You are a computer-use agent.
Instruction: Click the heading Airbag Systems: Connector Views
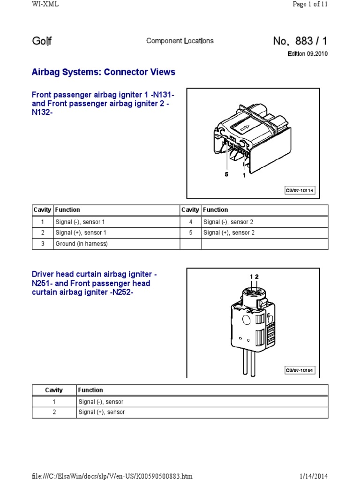[103, 72]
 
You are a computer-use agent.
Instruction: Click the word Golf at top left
[42, 41]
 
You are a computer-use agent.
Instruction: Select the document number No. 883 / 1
[300, 41]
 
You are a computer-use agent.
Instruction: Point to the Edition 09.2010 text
[307, 54]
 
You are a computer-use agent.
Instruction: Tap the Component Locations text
[180, 41]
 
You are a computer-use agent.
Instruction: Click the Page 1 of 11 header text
[310, 4]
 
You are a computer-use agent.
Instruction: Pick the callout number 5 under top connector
[226, 174]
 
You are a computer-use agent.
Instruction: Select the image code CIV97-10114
[300, 190]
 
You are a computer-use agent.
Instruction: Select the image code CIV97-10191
[300, 370]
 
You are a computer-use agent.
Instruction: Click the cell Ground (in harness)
[82, 244]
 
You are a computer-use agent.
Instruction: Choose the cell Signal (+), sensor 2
[229, 232]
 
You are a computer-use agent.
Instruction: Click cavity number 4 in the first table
[190, 222]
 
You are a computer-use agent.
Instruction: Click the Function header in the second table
[90, 390]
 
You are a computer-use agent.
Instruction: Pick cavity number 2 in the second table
[54, 412]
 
